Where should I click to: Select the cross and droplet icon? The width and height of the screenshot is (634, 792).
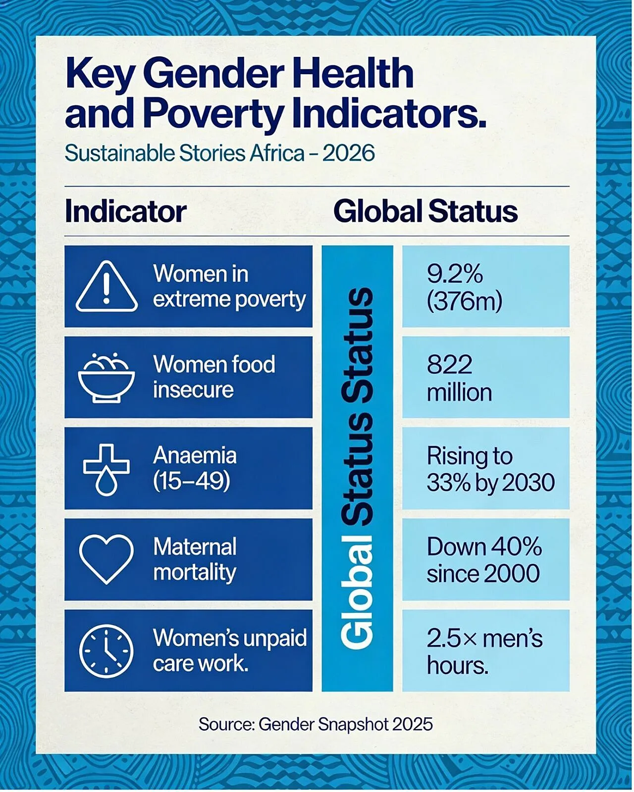[106, 470]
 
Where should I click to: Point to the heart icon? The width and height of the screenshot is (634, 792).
[106, 559]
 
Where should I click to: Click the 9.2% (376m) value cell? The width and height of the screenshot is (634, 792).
[485, 286]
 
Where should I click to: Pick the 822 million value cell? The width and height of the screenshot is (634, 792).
[485, 377]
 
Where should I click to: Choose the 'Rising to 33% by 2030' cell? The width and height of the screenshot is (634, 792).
[485, 468]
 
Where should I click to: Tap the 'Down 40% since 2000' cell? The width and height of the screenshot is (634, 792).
[485, 559]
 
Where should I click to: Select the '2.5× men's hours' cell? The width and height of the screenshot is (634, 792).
[485, 650]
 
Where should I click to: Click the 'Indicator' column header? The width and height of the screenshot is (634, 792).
[126, 212]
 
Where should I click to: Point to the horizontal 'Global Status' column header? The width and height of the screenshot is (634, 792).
[425, 211]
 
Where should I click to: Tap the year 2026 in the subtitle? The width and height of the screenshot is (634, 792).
[349, 153]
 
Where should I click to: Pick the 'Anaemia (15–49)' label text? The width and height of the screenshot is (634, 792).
[195, 468]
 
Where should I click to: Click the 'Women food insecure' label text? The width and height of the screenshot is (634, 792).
[214, 377]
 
